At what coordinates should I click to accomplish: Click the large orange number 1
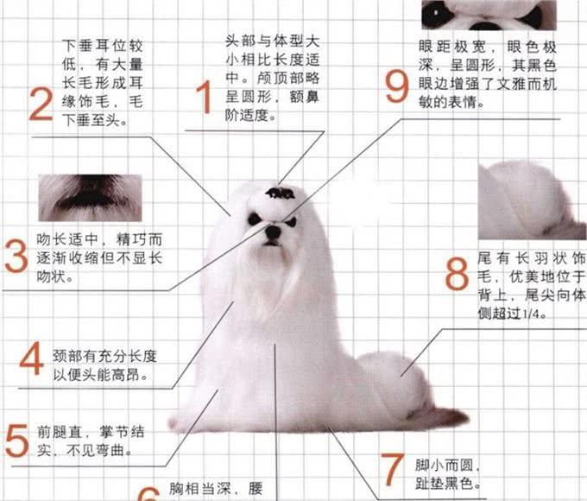click(205, 98)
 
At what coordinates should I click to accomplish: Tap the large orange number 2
click(41, 104)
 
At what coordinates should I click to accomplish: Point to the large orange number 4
click(31, 359)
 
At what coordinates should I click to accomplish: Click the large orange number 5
click(16, 440)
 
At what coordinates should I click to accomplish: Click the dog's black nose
click(273, 231)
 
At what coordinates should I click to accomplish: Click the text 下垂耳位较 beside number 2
click(98, 43)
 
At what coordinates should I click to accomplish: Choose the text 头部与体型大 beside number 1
click(272, 41)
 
